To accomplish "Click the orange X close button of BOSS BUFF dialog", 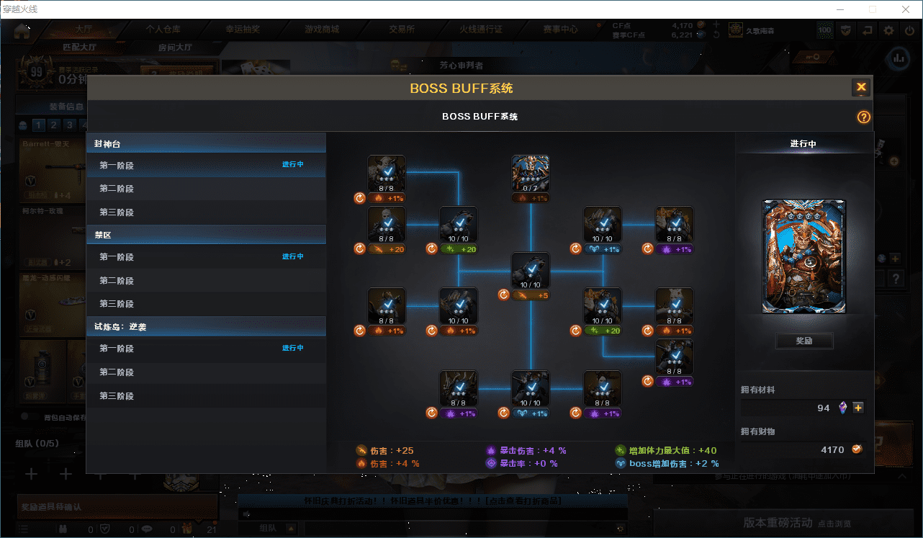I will point(860,88).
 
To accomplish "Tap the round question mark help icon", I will point(863,117).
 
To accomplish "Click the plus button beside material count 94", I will point(857,408).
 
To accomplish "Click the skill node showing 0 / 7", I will point(531,174).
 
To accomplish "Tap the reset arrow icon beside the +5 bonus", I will point(504,295).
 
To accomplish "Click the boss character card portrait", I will point(804,257).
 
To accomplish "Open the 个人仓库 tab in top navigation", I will point(163,30).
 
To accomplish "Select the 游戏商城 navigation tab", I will point(322,30).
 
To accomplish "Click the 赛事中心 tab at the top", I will point(560,30).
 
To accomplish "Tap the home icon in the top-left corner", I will point(22,30).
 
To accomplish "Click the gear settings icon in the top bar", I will point(888,30).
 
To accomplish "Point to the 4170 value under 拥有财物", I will point(832,449).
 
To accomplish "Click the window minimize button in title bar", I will point(839,9).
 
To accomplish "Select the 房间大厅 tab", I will point(175,48).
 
